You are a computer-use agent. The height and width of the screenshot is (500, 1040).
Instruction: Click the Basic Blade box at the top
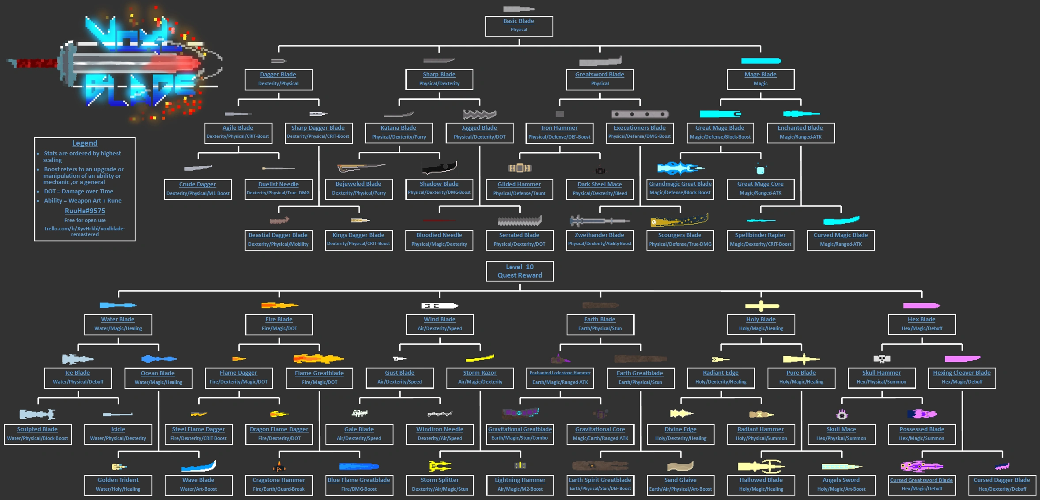click(519, 26)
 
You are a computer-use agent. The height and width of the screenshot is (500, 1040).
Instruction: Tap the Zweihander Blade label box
click(600, 240)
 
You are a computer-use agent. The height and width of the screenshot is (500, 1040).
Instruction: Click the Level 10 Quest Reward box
click(520, 271)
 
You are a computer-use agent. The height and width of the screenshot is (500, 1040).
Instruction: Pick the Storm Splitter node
click(440, 485)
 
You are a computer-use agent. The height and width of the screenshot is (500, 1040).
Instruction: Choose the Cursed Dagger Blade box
click(1002, 485)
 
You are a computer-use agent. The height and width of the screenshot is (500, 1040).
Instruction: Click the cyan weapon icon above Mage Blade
click(761, 61)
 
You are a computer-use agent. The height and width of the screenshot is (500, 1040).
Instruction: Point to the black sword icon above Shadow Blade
click(439, 168)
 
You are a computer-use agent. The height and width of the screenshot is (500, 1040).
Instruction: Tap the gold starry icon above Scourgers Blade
click(680, 220)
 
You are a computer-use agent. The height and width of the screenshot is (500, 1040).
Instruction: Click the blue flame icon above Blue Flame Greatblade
click(359, 466)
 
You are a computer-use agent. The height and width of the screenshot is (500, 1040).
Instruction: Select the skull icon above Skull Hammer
click(882, 359)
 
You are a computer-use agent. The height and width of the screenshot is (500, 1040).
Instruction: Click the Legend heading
click(85, 143)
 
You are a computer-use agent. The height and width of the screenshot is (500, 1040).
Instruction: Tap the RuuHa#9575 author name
click(85, 211)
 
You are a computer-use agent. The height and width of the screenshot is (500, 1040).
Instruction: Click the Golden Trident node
click(118, 485)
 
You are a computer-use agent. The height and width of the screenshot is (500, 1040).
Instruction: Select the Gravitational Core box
click(600, 434)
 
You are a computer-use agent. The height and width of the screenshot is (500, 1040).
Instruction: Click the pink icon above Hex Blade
click(922, 305)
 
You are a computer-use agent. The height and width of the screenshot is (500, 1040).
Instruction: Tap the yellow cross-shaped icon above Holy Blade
click(761, 305)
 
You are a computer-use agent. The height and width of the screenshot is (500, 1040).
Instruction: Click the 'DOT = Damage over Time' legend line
click(79, 192)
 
